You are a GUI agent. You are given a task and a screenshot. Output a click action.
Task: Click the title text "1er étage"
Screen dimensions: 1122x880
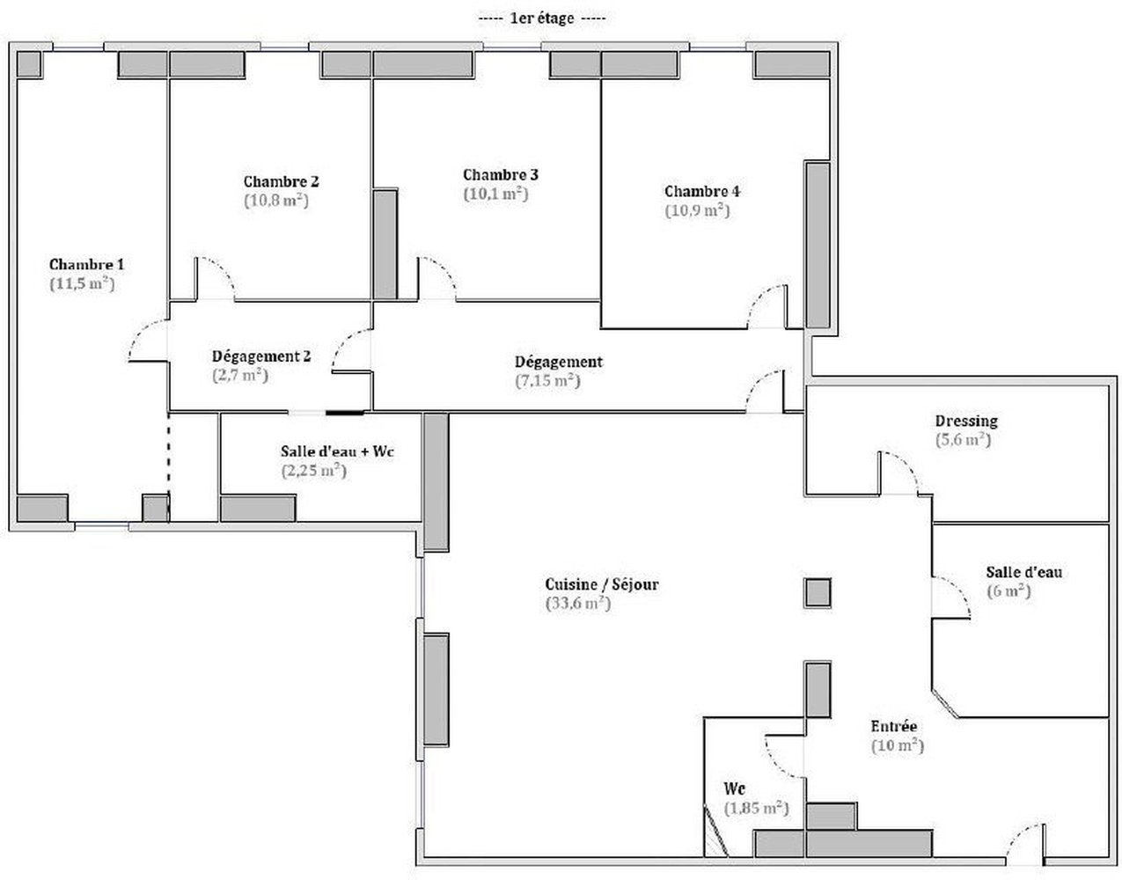541,18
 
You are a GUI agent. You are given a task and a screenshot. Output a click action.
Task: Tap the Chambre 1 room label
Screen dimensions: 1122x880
87,265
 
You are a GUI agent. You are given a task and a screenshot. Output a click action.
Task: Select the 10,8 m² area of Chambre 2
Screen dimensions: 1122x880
276,201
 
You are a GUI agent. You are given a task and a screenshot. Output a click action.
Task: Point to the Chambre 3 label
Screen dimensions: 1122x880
501,175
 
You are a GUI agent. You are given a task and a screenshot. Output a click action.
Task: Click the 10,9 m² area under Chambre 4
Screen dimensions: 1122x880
697,210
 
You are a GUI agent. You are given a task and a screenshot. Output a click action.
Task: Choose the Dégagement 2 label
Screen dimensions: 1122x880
261,356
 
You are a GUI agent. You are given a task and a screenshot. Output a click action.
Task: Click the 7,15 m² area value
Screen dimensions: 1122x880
548,381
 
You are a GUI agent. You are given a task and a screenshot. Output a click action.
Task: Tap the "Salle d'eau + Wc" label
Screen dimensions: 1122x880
337,451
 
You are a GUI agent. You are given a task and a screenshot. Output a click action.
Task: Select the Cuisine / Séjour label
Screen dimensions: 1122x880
602,585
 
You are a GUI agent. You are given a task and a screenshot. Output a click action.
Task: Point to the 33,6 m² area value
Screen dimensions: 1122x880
578,604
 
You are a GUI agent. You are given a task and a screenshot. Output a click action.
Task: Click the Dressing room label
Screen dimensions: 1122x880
966,422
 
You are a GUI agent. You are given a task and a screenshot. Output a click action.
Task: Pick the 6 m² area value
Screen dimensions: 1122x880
1008,591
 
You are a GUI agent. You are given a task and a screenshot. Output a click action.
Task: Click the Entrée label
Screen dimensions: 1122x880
894,726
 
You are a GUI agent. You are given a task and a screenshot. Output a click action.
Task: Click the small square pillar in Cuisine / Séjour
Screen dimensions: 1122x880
818,593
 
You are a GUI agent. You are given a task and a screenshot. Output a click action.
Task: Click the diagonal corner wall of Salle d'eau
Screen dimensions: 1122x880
945,703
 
